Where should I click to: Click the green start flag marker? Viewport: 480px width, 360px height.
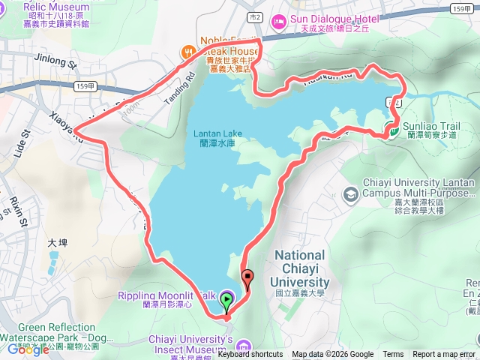point(227,301)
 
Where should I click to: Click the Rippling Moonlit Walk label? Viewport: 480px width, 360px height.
point(165,295)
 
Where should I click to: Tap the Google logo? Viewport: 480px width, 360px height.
point(28,349)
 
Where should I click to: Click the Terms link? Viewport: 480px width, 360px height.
point(393,355)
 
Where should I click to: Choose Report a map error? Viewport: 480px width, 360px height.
point(445,355)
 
